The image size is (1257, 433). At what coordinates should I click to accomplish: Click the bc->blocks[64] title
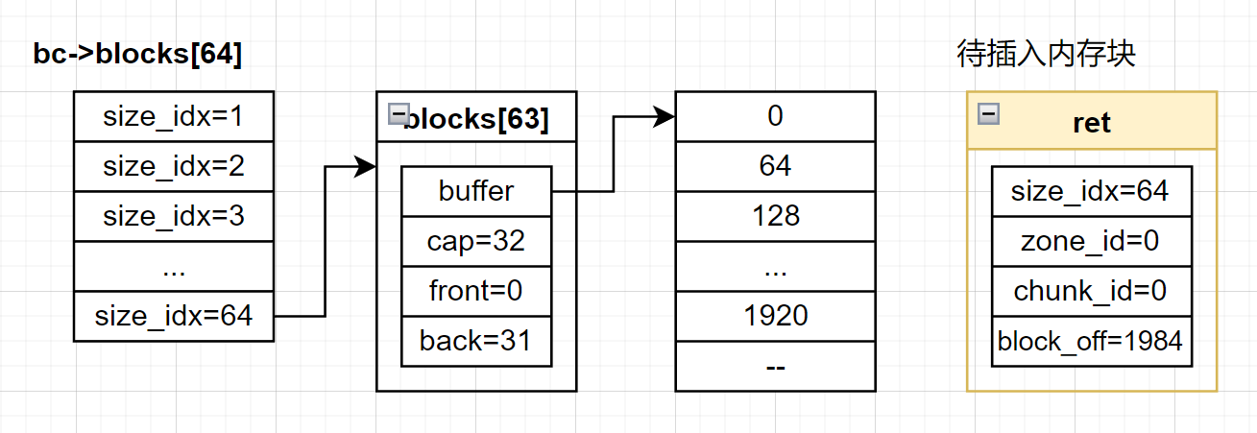[x=137, y=55]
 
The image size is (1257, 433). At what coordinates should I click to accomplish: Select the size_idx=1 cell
[x=174, y=117]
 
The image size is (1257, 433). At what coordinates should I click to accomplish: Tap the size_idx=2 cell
[x=174, y=167]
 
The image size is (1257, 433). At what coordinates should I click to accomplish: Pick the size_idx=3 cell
[x=174, y=217]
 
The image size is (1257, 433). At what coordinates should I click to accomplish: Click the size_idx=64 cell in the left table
[x=174, y=316]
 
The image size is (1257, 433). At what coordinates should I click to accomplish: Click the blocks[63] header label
[x=476, y=119]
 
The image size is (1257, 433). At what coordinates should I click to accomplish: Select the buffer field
[x=476, y=191]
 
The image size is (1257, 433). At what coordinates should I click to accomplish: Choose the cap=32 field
[x=476, y=241]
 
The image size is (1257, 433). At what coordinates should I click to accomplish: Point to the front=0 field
[x=476, y=291]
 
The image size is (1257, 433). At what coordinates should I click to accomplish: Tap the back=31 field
[x=476, y=342]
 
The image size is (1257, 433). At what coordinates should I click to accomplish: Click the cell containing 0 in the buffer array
[x=776, y=117]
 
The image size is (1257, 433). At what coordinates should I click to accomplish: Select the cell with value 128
[x=776, y=217]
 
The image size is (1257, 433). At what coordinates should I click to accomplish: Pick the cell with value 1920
[x=776, y=316]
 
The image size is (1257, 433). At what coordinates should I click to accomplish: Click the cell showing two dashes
[x=776, y=366]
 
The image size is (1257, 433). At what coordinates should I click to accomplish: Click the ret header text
[x=1092, y=123]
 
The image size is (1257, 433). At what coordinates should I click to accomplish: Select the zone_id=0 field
[x=1092, y=241]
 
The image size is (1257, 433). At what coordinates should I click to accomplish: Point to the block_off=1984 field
[x=1092, y=342]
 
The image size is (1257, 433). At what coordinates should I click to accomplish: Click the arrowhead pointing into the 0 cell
[x=664, y=117]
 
